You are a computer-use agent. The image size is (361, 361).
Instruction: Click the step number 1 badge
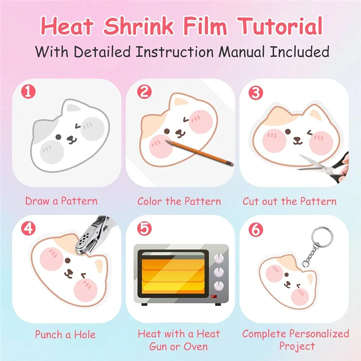(x=29, y=93)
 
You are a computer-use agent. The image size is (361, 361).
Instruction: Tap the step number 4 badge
(x=29, y=228)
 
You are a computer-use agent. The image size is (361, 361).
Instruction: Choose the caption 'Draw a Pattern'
(x=61, y=201)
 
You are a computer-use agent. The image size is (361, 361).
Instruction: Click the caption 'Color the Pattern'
(x=179, y=201)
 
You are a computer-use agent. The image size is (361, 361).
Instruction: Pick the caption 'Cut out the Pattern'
(x=289, y=201)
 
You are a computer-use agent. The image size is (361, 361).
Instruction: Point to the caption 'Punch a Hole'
(x=65, y=334)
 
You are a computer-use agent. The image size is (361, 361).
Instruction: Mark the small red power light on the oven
(x=213, y=296)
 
